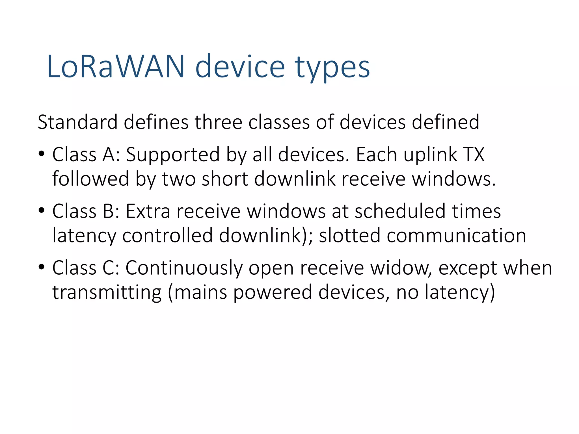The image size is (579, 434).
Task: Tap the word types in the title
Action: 332,68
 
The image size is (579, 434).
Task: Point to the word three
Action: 218,122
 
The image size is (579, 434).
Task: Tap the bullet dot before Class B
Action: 42,211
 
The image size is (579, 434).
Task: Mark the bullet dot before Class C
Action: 42,267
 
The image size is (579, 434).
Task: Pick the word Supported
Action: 172,155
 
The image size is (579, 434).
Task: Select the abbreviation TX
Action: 474,155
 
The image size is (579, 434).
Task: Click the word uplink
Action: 430,155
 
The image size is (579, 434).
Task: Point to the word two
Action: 179,179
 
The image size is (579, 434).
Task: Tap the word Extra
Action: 148,211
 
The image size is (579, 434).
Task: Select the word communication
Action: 456,235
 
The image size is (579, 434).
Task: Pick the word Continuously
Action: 184,268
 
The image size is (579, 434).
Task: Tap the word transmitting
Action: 107,292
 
